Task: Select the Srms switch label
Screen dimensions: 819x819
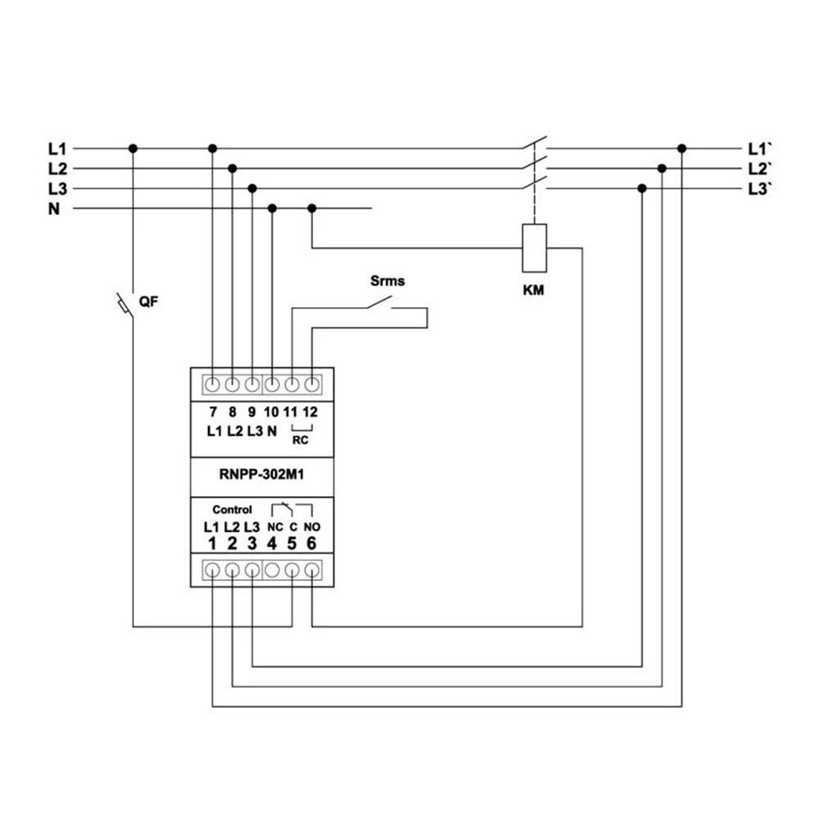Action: pos(387,281)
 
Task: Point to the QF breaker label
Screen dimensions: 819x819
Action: pos(147,301)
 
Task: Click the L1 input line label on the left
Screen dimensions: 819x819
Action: pos(57,149)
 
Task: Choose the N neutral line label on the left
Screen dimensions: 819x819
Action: pos(54,209)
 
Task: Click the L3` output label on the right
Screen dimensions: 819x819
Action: pos(761,189)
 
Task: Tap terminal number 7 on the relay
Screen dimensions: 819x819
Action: pos(212,412)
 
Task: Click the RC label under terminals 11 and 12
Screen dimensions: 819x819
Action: pos(301,439)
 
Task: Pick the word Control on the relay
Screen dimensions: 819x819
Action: pos(232,509)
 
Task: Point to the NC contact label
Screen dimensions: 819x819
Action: pos(275,527)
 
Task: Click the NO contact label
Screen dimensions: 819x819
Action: pos(311,527)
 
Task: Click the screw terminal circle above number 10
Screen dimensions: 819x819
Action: pos(272,383)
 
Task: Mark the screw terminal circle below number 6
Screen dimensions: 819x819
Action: pos(311,569)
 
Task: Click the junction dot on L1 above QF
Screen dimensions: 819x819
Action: pos(133,148)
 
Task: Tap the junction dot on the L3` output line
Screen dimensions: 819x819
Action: pos(642,188)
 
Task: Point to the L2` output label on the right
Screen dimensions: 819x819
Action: pos(761,170)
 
